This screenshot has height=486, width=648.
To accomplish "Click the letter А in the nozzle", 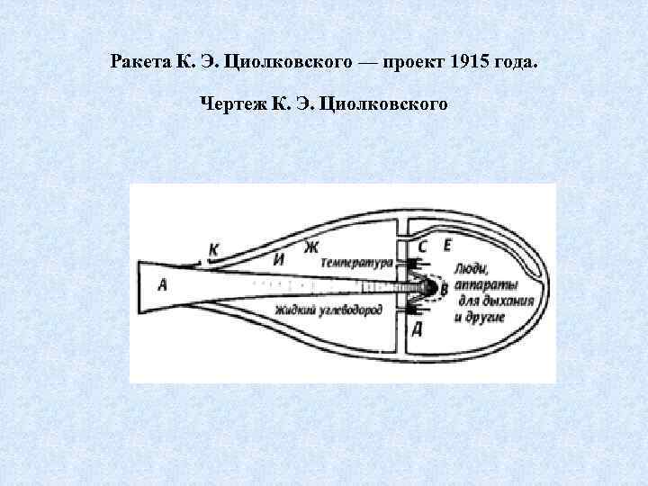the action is coord(162,285).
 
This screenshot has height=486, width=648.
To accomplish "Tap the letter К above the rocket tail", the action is coord(213,249).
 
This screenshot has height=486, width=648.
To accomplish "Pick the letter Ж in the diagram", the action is coord(312,246).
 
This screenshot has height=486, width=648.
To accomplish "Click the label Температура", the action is coord(356,263).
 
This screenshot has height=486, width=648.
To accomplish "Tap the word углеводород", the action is coord(352,310).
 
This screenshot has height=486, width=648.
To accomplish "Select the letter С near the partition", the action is coord(422,246).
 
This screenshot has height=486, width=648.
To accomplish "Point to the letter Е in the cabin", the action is coord(445,245).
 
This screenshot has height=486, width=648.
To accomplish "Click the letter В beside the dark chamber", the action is coord(443,288).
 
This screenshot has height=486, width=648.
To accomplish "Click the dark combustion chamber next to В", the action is coord(428,288).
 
